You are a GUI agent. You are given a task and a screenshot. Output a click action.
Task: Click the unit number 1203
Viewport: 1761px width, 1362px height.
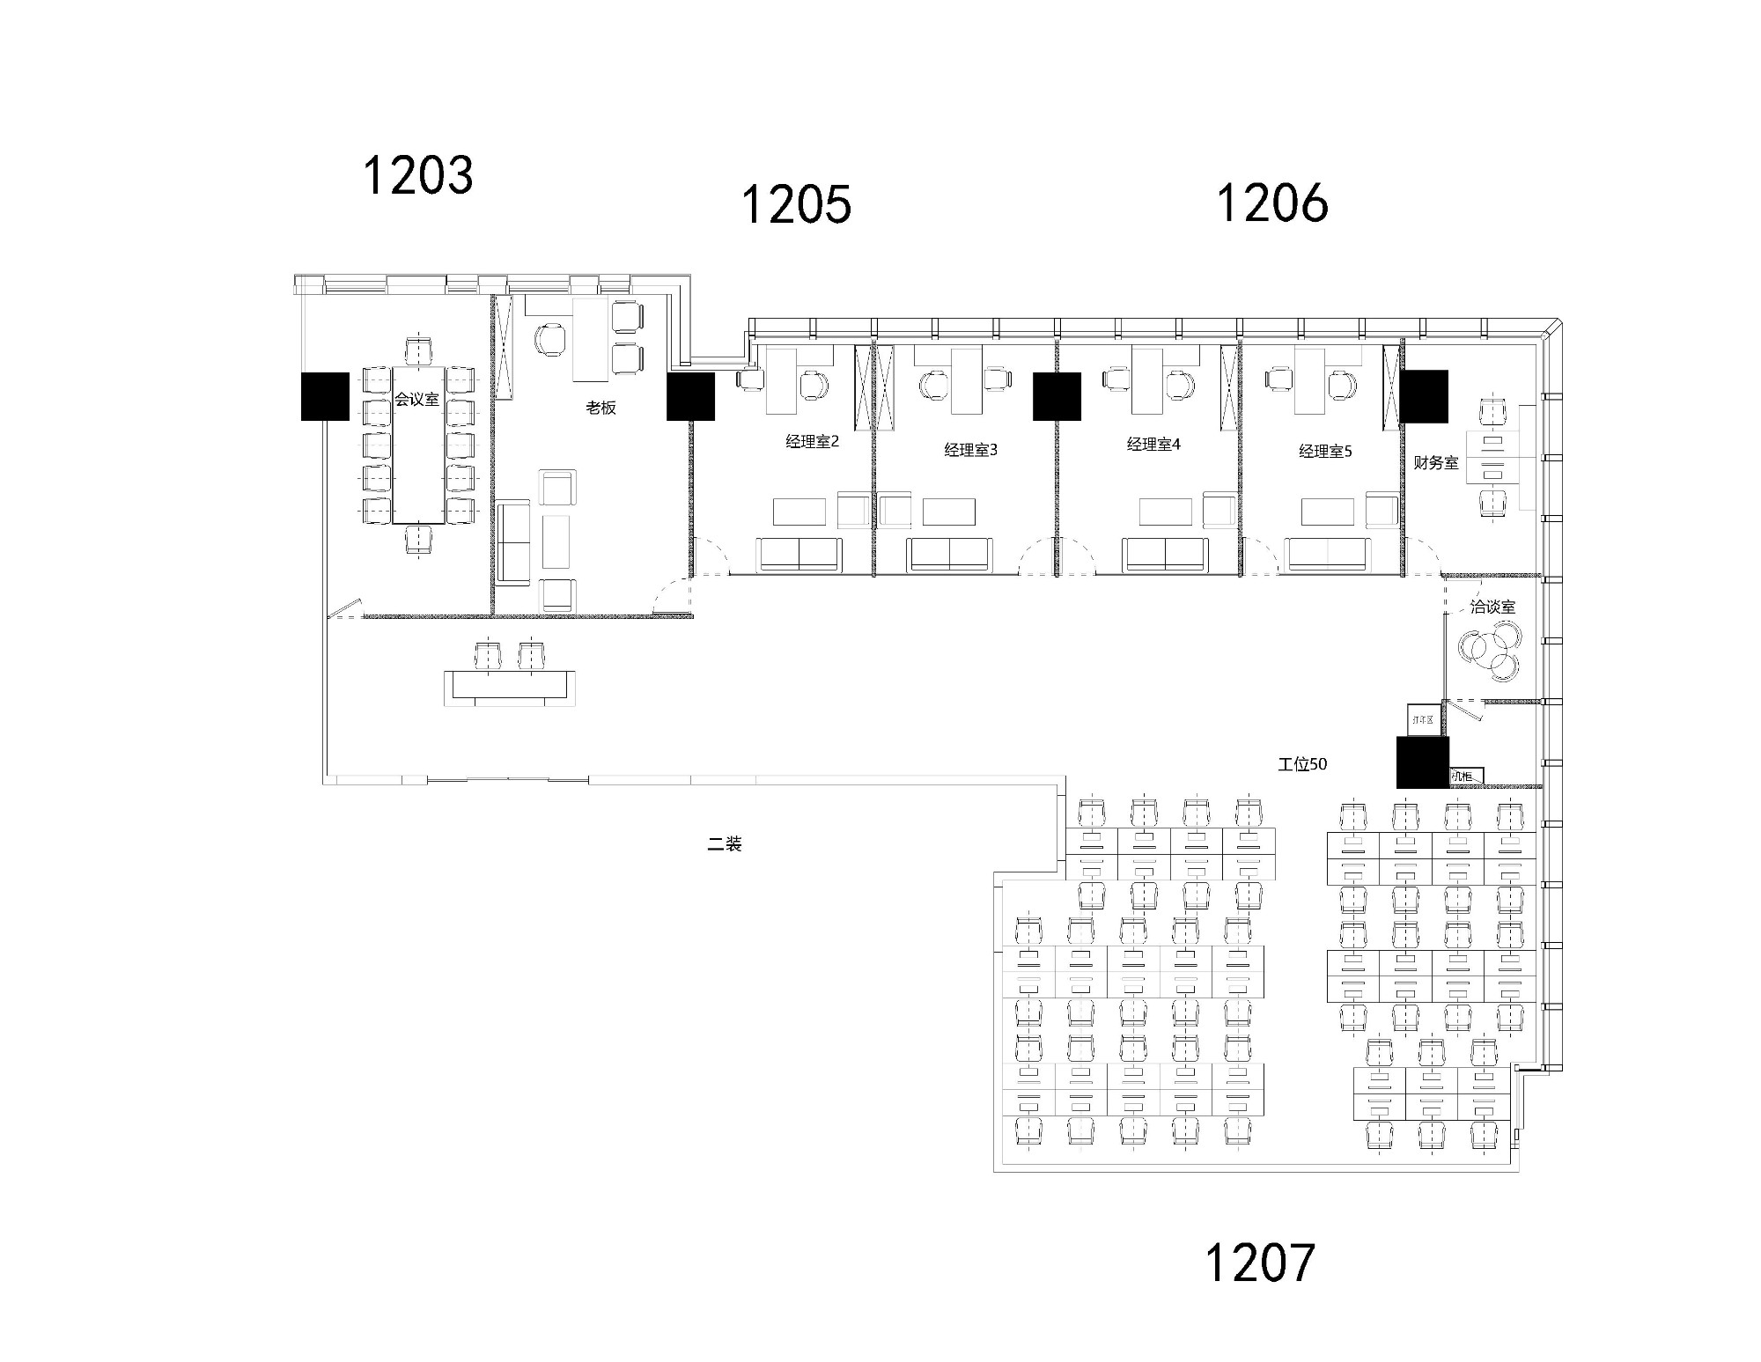(x=418, y=174)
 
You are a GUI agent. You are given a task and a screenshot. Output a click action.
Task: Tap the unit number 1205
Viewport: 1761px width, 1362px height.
(x=796, y=204)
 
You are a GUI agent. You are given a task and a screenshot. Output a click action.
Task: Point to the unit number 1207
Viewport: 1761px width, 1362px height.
(x=1259, y=1262)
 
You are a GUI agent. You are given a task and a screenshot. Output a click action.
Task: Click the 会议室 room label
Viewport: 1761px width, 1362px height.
(x=416, y=399)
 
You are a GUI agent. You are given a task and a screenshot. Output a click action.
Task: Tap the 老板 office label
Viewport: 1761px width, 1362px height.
(x=601, y=408)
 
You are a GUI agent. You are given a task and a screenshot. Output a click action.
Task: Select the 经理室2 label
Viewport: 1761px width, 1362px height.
(x=812, y=441)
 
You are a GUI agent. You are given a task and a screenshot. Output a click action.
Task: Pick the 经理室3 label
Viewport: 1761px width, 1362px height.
(x=970, y=450)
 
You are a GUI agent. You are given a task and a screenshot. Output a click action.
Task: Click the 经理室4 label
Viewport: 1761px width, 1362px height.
(x=1153, y=444)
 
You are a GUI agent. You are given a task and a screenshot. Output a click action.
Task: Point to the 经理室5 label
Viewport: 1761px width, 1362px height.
(x=1325, y=451)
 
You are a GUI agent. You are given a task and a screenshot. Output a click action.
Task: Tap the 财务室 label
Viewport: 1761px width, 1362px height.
(x=1435, y=462)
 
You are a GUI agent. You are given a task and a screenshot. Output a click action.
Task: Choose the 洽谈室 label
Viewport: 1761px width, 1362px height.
(x=1492, y=607)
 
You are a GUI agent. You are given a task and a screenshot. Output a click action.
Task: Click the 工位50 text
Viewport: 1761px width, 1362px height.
(x=1302, y=764)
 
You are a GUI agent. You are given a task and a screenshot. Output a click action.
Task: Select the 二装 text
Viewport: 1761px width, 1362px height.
(x=725, y=844)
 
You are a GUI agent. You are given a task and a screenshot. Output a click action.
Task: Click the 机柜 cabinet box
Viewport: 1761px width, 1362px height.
(x=1466, y=776)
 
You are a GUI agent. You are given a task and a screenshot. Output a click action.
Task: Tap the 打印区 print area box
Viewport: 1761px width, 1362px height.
(x=1423, y=719)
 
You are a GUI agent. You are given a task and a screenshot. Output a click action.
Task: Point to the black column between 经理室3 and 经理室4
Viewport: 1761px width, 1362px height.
(x=1057, y=396)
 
